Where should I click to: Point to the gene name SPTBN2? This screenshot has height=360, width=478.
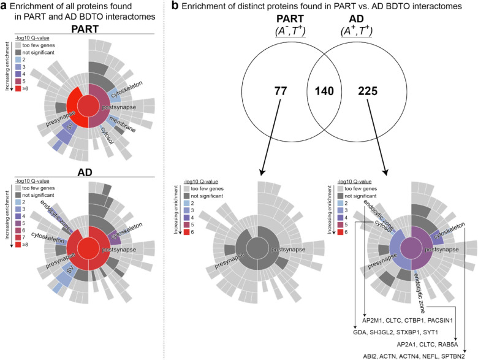454,354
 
